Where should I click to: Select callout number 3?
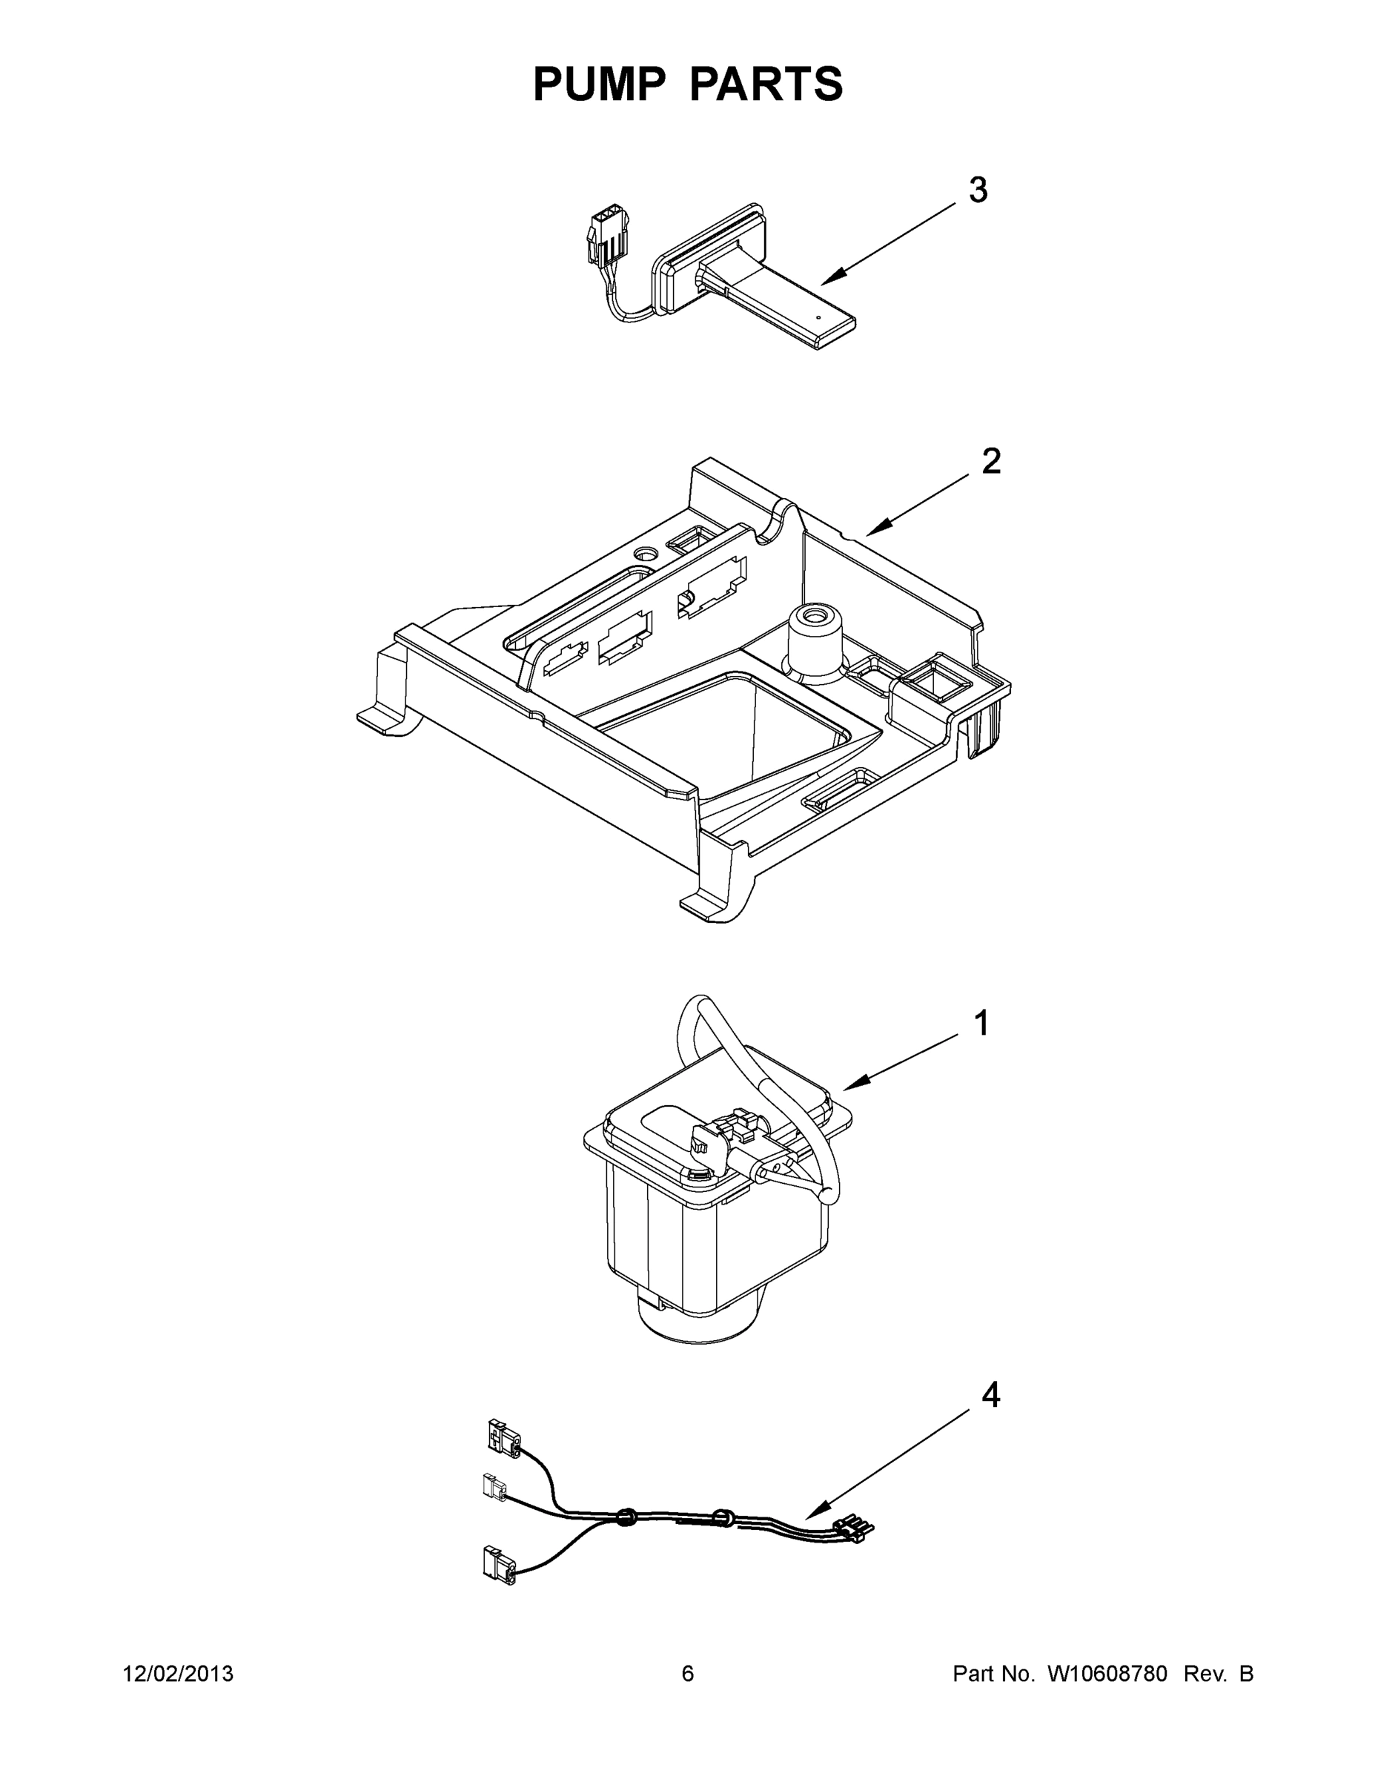(x=978, y=190)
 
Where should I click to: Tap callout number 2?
(x=990, y=462)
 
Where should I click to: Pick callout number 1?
(x=981, y=1023)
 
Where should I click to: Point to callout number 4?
(x=990, y=1397)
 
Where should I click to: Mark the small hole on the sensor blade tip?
(x=817, y=318)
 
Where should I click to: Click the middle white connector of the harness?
(x=492, y=1488)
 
